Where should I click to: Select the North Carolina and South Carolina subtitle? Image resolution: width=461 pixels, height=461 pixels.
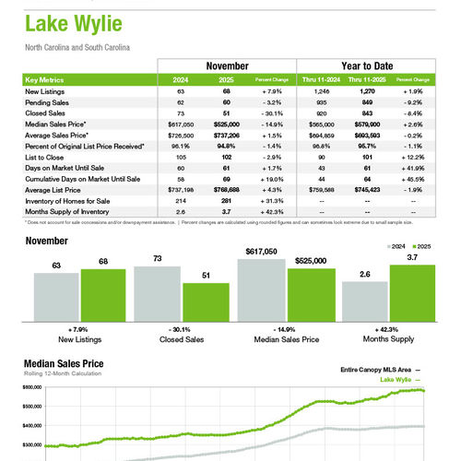coord(77,46)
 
